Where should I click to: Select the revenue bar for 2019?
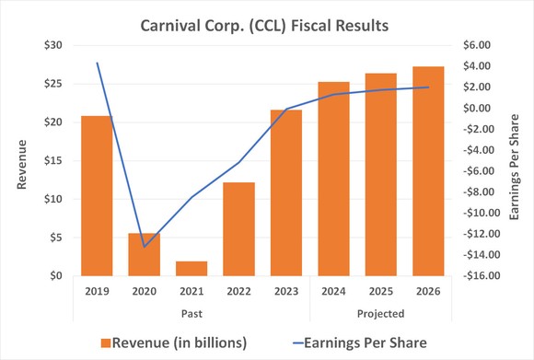[x=97, y=195]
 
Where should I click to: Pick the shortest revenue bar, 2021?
[x=192, y=268]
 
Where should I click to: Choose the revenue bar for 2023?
[x=286, y=192]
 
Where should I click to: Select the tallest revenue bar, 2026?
[x=428, y=170]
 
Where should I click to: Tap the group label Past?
[x=191, y=313]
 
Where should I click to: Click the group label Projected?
[x=380, y=313]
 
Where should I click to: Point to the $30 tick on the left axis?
[x=52, y=45]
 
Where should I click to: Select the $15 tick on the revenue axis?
[x=52, y=160]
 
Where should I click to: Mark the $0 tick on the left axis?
[x=56, y=275]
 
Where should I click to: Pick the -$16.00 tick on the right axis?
[x=477, y=275]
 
